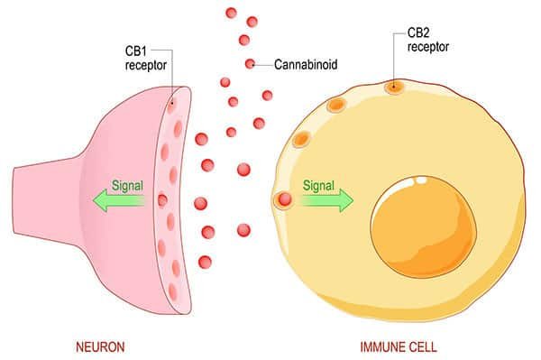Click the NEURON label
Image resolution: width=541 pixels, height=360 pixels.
pyautogui.click(x=99, y=346)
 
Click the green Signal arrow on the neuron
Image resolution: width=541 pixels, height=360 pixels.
pyautogui.click(x=121, y=201)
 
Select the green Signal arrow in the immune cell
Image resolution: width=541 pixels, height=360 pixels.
pyautogui.click(x=323, y=201)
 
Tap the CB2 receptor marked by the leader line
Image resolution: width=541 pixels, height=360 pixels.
pyautogui.click(x=394, y=88)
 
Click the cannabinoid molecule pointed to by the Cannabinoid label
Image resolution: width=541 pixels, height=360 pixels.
pyautogui.click(x=249, y=63)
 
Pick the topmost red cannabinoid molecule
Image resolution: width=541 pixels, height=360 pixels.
pyautogui.click(x=231, y=13)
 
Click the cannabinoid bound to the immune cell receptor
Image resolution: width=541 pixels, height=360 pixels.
pyautogui.click(x=284, y=199)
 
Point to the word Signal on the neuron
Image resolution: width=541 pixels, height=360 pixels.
pyautogui.click(x=127, y=186)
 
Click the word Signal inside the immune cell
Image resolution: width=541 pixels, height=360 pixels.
pyautogui.click(x=318, y=186)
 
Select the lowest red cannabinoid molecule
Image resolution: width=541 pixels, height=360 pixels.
pyautogui.click(x=205, y=262)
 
